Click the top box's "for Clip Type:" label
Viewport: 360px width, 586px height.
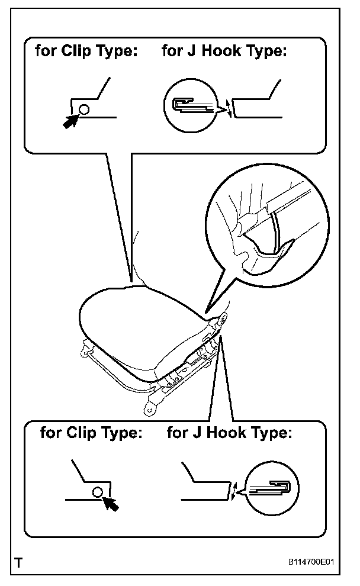point(86,51)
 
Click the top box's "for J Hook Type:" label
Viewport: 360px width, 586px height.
point(224,51)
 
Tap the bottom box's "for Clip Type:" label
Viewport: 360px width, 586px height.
point(91,433)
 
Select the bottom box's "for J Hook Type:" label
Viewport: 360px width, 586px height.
point(229,433)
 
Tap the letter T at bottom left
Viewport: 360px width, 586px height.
point(20,562)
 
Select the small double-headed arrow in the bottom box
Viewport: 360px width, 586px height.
point(236,491)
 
